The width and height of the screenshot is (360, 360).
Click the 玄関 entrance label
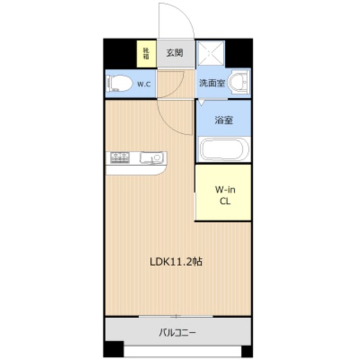[x=175, y=53]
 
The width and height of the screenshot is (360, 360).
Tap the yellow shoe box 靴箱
[x=146, y=54]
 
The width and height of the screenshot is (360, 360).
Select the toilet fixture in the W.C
[x=119, y=84]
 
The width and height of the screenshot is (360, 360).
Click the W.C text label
[x=144, y=84]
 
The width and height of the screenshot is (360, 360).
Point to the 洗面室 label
[x=212, y=83]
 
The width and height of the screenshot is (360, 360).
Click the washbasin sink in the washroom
[x=239, y=82]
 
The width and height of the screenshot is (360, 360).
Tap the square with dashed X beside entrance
[x=211, y=53]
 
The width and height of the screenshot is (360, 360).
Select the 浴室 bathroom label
[x=224, y=120]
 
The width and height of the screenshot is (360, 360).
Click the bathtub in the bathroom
[x=224, y=149]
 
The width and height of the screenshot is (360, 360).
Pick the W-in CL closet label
[x=225, y=195]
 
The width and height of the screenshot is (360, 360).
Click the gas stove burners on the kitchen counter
[x=120, y=157]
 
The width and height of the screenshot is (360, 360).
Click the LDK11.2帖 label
[x=176, y=262]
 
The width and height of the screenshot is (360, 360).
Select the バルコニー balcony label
[x=177, y=333]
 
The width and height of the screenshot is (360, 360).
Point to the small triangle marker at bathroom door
[x=201, y=102]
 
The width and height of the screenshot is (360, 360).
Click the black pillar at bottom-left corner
[x=114, y=349]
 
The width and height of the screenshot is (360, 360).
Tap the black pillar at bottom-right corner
[x=247, y=351]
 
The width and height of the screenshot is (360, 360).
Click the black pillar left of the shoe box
[x=120, y=54]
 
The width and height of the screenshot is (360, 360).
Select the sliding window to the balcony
[x=176, y=316]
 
